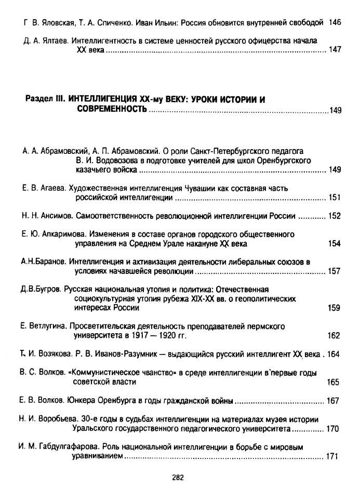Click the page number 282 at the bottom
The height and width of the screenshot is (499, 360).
coord(180,477)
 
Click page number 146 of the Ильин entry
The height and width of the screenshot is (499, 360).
coord(335,22)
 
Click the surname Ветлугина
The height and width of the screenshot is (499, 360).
coord(47,326)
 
